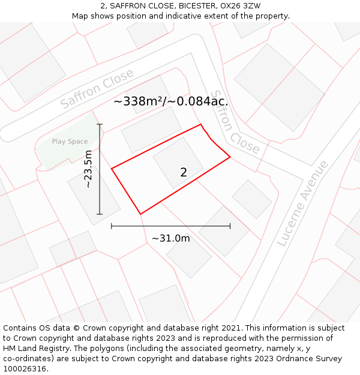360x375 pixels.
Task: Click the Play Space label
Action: pyautogui.click(x=70, y=142)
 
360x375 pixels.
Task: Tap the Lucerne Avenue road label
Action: pyautogui.click(x=304, y=203)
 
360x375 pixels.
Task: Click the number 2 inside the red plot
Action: pyautogui.click(x=184, y=173)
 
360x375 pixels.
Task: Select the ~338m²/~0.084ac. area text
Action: pyautogui.click(x=170, y=101)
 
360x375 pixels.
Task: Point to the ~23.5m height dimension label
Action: pyautogui.click(x=88, y=169)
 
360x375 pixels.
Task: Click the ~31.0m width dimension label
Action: pyautogui.click(x=170, y=238)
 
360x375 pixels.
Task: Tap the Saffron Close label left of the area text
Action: pyautogui.click(x=97, y=89)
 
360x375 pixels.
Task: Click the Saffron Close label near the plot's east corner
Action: pyautogui.click(x=236, y=123)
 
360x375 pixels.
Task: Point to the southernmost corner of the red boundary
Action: pyautogui.click(x=140, y=214)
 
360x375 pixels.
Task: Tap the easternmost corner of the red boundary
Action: pyautogui.click(x=230, y=158)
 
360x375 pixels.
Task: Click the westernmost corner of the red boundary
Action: pyautogui.click(x=112, y=169)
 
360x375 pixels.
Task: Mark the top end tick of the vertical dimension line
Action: pyautogui.click(x=100, y=124)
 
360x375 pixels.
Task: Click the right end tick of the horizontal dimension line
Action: pyautogui.click(x=230, y=226)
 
